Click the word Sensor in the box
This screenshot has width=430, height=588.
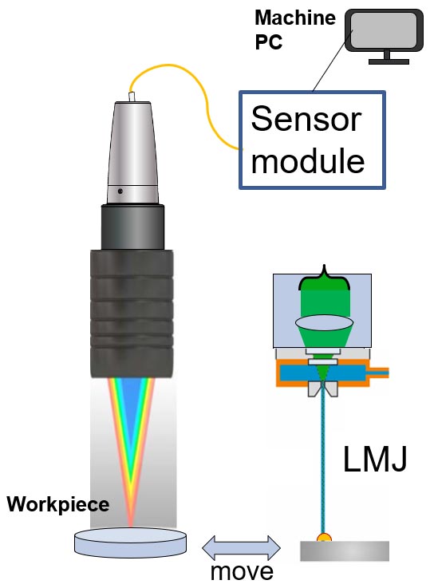[306, 119]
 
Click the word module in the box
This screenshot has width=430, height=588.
[308, 160]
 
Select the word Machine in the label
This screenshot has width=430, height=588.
[295, 18]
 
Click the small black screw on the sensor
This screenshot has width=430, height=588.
[120, 191]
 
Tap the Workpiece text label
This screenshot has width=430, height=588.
[58, 505]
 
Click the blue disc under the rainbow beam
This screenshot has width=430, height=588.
[131, 543]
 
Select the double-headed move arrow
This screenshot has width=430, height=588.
[241, 548]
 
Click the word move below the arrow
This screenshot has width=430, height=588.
[242, 571]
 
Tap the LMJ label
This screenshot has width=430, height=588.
[374, 459]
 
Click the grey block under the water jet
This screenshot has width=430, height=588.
[345, 551]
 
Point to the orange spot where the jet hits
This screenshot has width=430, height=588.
[324, 538]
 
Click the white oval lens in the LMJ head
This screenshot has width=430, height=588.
[324, 323]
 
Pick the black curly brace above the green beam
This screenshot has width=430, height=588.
[324, 278]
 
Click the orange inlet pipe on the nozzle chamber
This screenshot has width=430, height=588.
[379, 373]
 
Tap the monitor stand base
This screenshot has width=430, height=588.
[389, 61]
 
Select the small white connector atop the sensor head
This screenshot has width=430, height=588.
[132, 97]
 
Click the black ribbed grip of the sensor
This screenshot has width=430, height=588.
[132, 314]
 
